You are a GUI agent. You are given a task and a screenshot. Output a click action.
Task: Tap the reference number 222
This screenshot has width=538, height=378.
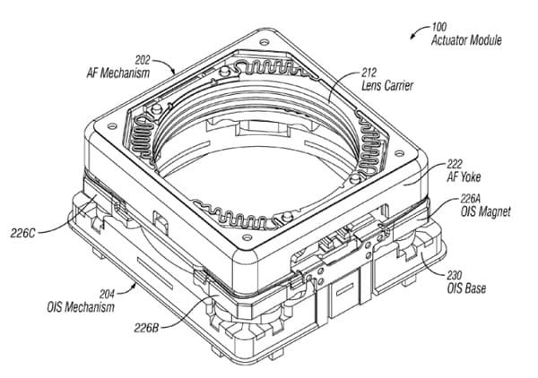tap(456, 163)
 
